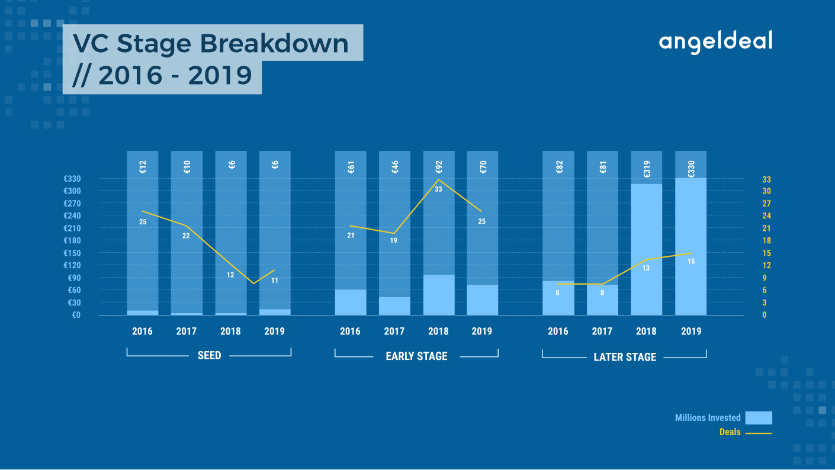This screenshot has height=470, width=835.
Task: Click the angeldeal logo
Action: (x=715, y=42)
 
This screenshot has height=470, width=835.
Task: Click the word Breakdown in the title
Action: (x=274, y=43)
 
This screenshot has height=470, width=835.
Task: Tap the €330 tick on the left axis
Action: (x=72, y=179)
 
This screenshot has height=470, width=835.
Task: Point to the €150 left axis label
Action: (x=72, y=253)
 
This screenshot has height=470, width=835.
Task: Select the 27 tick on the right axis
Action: (x=766, y=204)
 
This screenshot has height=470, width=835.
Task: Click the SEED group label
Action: (x=209, y=355)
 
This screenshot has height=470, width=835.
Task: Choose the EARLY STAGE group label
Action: (x=416, y=356)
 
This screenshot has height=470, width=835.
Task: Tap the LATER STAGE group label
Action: (x=625, y=357)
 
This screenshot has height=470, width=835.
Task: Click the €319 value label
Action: (x=647, y=169)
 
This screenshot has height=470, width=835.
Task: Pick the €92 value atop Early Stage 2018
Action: (x=439, y=167)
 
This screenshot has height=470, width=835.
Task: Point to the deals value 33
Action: (x=438, y=189)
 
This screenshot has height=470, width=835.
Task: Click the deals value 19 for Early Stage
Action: (x=394, y=241)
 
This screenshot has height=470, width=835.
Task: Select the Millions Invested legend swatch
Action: (x=759, y=418)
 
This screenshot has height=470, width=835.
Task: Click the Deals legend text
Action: (x=730, y=432)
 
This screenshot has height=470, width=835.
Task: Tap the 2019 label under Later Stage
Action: (x=691, y=331)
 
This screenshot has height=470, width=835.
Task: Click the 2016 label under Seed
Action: (x=142, y=331)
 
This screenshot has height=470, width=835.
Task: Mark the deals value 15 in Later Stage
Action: (x=691, y=262)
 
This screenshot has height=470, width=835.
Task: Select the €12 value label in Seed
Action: (x=143, y=167)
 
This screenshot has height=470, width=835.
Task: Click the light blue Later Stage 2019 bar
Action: (x=691, y=246)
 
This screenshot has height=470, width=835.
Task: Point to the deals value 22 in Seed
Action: (x=186, y=236)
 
